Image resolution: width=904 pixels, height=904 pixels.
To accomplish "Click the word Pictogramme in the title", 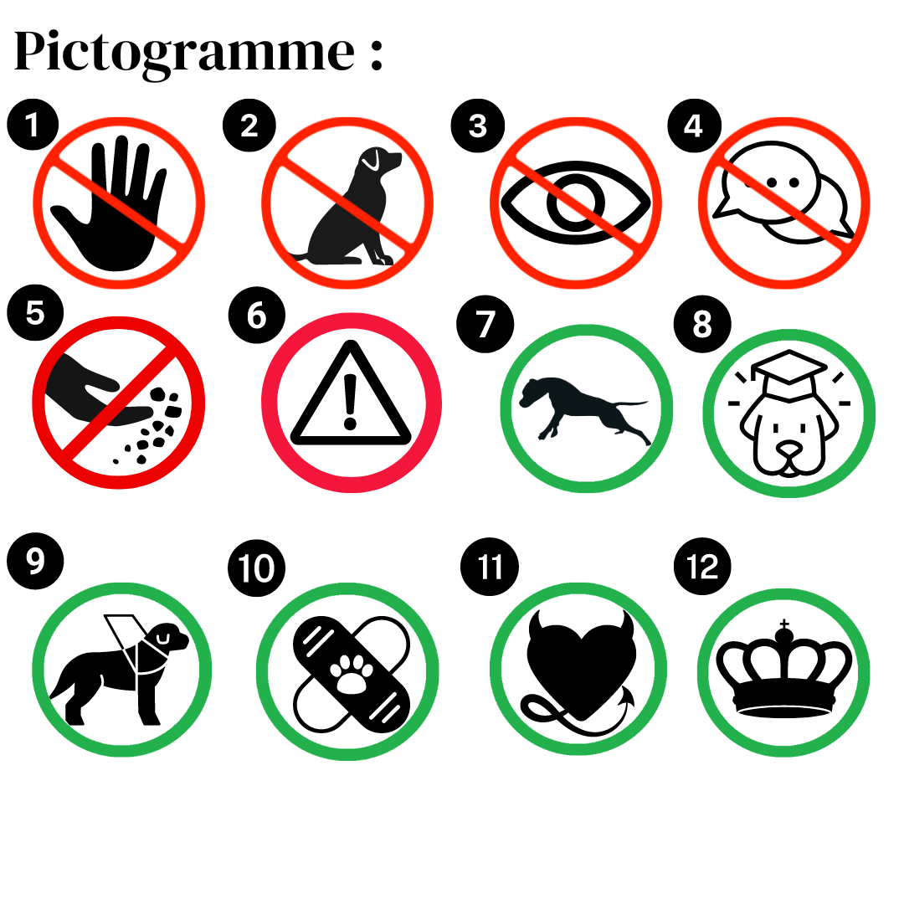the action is click(x=184, y=53).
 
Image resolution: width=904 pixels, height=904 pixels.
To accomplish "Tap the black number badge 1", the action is click(x=33, y=125).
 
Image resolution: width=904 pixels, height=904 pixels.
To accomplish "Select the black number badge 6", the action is click(x=257, y=316).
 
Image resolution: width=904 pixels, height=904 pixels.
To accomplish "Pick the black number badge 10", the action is click(x=257, y=568).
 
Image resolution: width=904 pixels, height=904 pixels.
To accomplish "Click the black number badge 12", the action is click(x=702, y=566).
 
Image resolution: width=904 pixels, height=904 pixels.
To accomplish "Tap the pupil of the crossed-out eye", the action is click(x=575, y=203).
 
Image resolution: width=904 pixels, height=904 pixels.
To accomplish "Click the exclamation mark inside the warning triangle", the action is click(x=350, y=402).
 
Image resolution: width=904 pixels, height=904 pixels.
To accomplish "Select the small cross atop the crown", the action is click(x=784, y=624).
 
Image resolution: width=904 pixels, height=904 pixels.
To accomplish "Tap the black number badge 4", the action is click(x=694, y=125).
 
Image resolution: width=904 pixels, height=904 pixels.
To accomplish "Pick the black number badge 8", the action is click(x=702, y=323).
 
